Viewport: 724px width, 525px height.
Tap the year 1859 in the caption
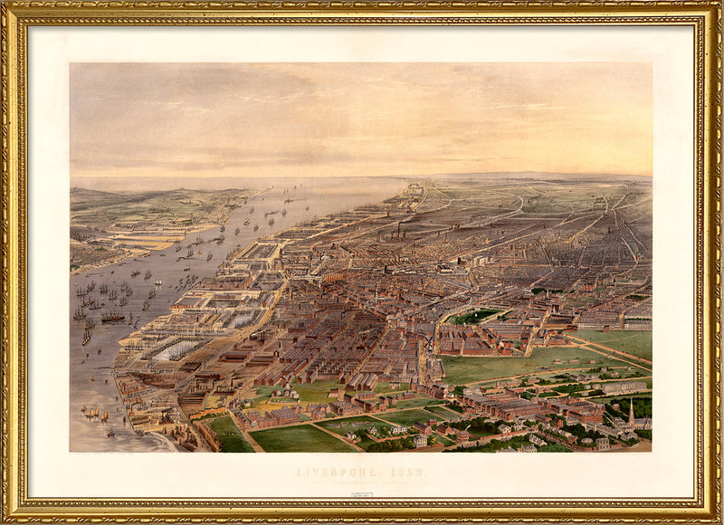pyautogui.click(x=405, y=472)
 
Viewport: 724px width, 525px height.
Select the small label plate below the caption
pyautogui.click(x=362, y=495)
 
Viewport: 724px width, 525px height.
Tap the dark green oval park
pyautogui.click(x=474, y=316)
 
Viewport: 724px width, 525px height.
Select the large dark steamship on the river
pyautogui.click(x=112, y=317)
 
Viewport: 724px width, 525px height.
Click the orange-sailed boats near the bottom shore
pyautogui.click(x=94, y=414)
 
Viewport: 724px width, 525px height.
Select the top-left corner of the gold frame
pyautogui.click(x=7, y=7)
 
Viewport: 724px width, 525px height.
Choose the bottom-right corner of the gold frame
pyautogui.click(x=716, y=518)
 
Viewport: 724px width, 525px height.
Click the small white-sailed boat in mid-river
pyautogui.click(x=156, y=282)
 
